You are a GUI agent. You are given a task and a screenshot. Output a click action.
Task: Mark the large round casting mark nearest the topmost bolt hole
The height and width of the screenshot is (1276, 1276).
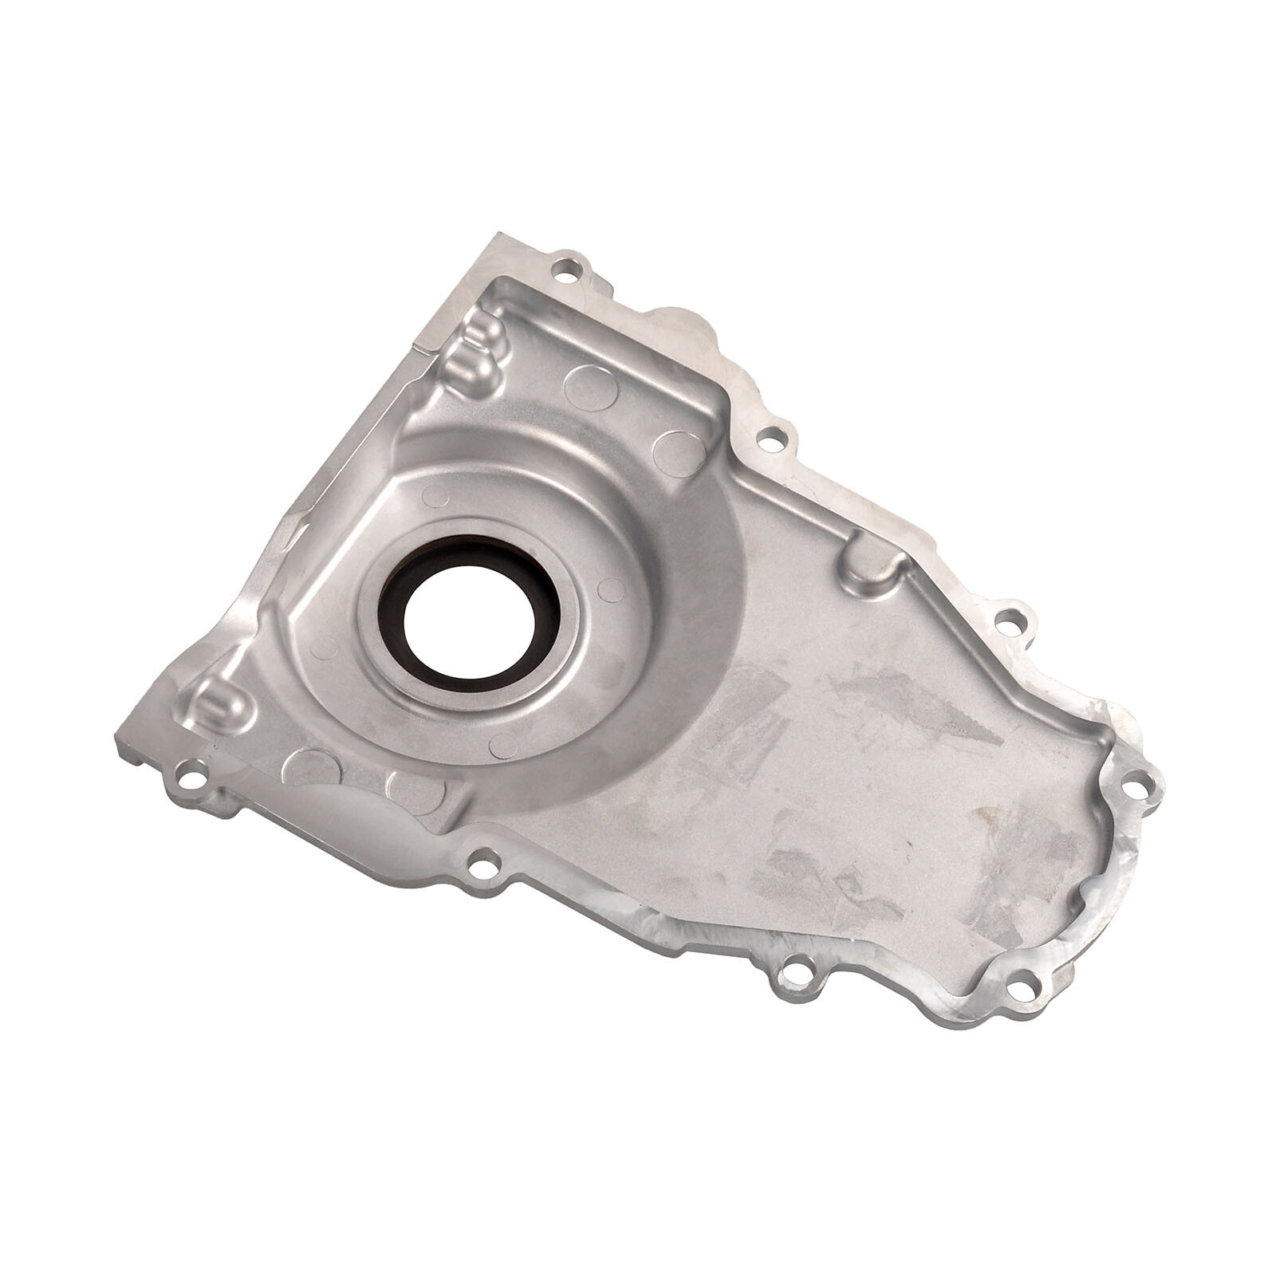[591, 388]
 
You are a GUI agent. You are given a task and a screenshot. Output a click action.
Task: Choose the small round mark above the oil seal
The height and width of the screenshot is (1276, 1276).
[435, 497]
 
